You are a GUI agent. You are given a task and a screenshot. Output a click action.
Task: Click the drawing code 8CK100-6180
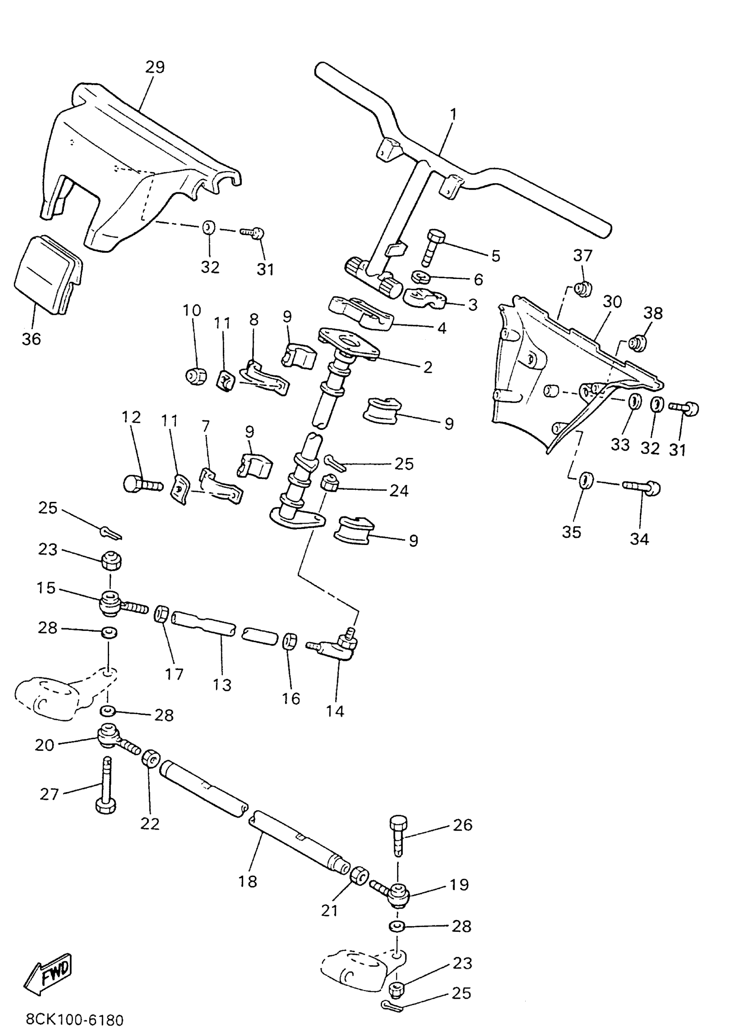point(75,1020)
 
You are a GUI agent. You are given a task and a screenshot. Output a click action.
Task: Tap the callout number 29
point(155,67)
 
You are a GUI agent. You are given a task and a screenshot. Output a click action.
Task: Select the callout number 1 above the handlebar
point(453,114)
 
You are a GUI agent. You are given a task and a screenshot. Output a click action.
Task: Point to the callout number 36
point(31,338)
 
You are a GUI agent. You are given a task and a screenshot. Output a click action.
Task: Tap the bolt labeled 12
point(141,485)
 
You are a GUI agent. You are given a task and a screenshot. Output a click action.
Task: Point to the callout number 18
point(247,881)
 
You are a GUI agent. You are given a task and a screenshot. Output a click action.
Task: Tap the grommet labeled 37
point(583,287)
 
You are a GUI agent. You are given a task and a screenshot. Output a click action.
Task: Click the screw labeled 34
point(643,487)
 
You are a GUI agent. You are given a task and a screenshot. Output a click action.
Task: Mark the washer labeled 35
point(586,480)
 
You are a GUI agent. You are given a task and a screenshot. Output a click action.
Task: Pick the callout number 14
point(335,711)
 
